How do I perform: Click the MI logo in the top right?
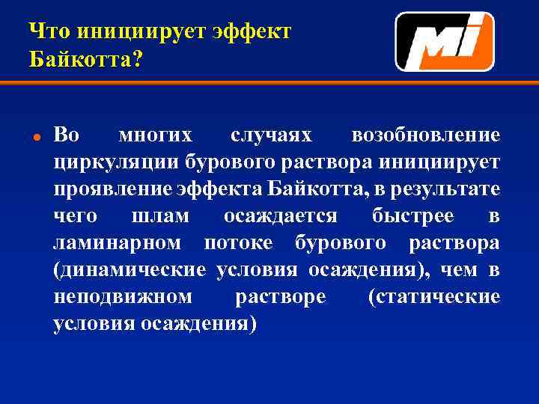point(444,42)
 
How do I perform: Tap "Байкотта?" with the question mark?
point(85,60)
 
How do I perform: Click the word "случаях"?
point(269,135)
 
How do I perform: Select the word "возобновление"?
point(426,135)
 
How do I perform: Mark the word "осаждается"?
point(281,216)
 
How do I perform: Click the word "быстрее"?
point(412,216)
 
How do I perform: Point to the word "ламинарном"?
point(118,243)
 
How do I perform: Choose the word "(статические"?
point(434,297)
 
